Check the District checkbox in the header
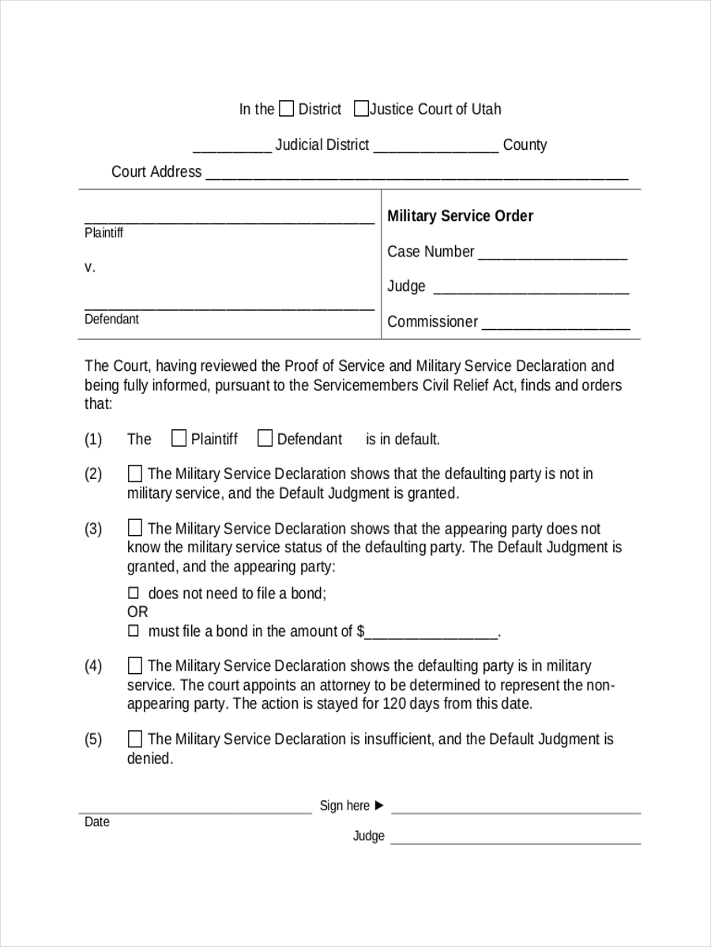point(287,109)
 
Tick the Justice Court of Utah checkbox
point(360,109)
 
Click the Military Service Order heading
point(460,216)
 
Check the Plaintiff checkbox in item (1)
point(179,438)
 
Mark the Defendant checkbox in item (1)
point(265,438)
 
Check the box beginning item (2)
point(135,473)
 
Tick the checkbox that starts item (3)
point(135,528)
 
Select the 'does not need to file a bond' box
point(133,593)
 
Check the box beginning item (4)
point(135,665)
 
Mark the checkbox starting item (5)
point(135,739)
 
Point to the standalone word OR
point(137,612)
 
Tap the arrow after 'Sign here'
point(379,805)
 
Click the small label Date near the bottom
point(96,822)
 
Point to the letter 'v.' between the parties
point(90,268)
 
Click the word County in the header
point(525,145)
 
